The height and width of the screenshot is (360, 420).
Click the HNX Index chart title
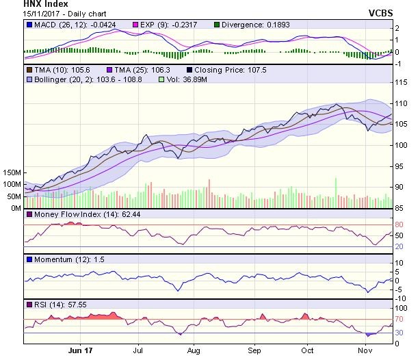pyautogui.click(x=46, y=4)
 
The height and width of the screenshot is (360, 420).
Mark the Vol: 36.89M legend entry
pyautogui.click(x=184, y=81)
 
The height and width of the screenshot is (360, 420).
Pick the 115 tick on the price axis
pyautogui.click(x=402, y=82)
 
